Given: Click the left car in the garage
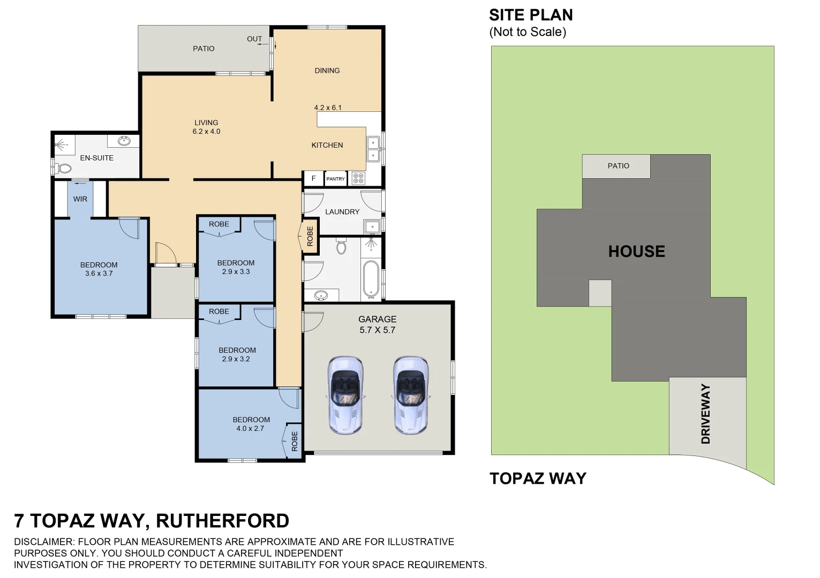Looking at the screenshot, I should click(344, 394).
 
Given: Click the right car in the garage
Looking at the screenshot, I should click(410, 394).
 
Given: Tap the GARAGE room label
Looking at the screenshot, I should click(377, 320).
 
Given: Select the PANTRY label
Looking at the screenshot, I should click(336, 179).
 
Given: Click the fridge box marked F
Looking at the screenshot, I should click(314, 179).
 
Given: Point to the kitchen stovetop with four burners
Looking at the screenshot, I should click(358, 178).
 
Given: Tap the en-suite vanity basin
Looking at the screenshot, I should click(124, 141).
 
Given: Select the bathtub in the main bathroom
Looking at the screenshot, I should click(371, 278).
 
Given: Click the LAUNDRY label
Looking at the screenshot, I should click(342, 212).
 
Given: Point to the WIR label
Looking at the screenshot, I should click(80, 199).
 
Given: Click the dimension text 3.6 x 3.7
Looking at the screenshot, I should click(99, 273).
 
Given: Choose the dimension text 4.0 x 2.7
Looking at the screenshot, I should click(250, 428).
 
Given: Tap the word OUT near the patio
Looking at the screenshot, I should click(254, 39).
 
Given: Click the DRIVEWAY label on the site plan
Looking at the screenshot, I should click(705, 414).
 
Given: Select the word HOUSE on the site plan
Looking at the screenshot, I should click(636, 251).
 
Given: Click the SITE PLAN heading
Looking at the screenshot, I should click(531, 15).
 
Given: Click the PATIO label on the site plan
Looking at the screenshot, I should click(618, 166).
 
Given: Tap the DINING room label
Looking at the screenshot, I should click(327, 71).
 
